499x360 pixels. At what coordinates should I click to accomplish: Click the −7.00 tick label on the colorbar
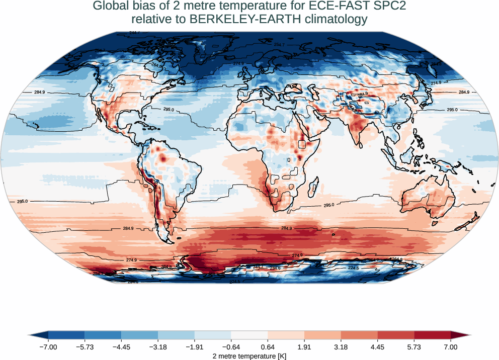click(x=48, y=347)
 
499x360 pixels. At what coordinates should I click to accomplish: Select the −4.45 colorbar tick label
click(x=121, y=347)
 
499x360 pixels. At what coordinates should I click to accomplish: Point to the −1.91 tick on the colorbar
click(x=195, y=347)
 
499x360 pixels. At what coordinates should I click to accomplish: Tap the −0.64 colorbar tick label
click(x=231, y=347)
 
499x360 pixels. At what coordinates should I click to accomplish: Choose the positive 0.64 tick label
click(x=268, y=347)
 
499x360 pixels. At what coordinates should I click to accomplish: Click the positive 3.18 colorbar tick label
click(x=341, y=347)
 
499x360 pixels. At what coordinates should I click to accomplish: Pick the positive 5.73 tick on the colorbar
click(x=414, y=347)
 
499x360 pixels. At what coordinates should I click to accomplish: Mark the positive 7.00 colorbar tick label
click(x=451, y=347)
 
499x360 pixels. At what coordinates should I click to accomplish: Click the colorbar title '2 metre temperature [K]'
click(x=249, y=356)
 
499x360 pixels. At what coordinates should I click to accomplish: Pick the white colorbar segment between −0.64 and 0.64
click(x=249, y=335)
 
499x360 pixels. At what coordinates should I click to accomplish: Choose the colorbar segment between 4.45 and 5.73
click(x=396, y=335)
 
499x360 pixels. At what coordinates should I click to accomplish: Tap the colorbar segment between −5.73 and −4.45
click(x=103, y=335)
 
